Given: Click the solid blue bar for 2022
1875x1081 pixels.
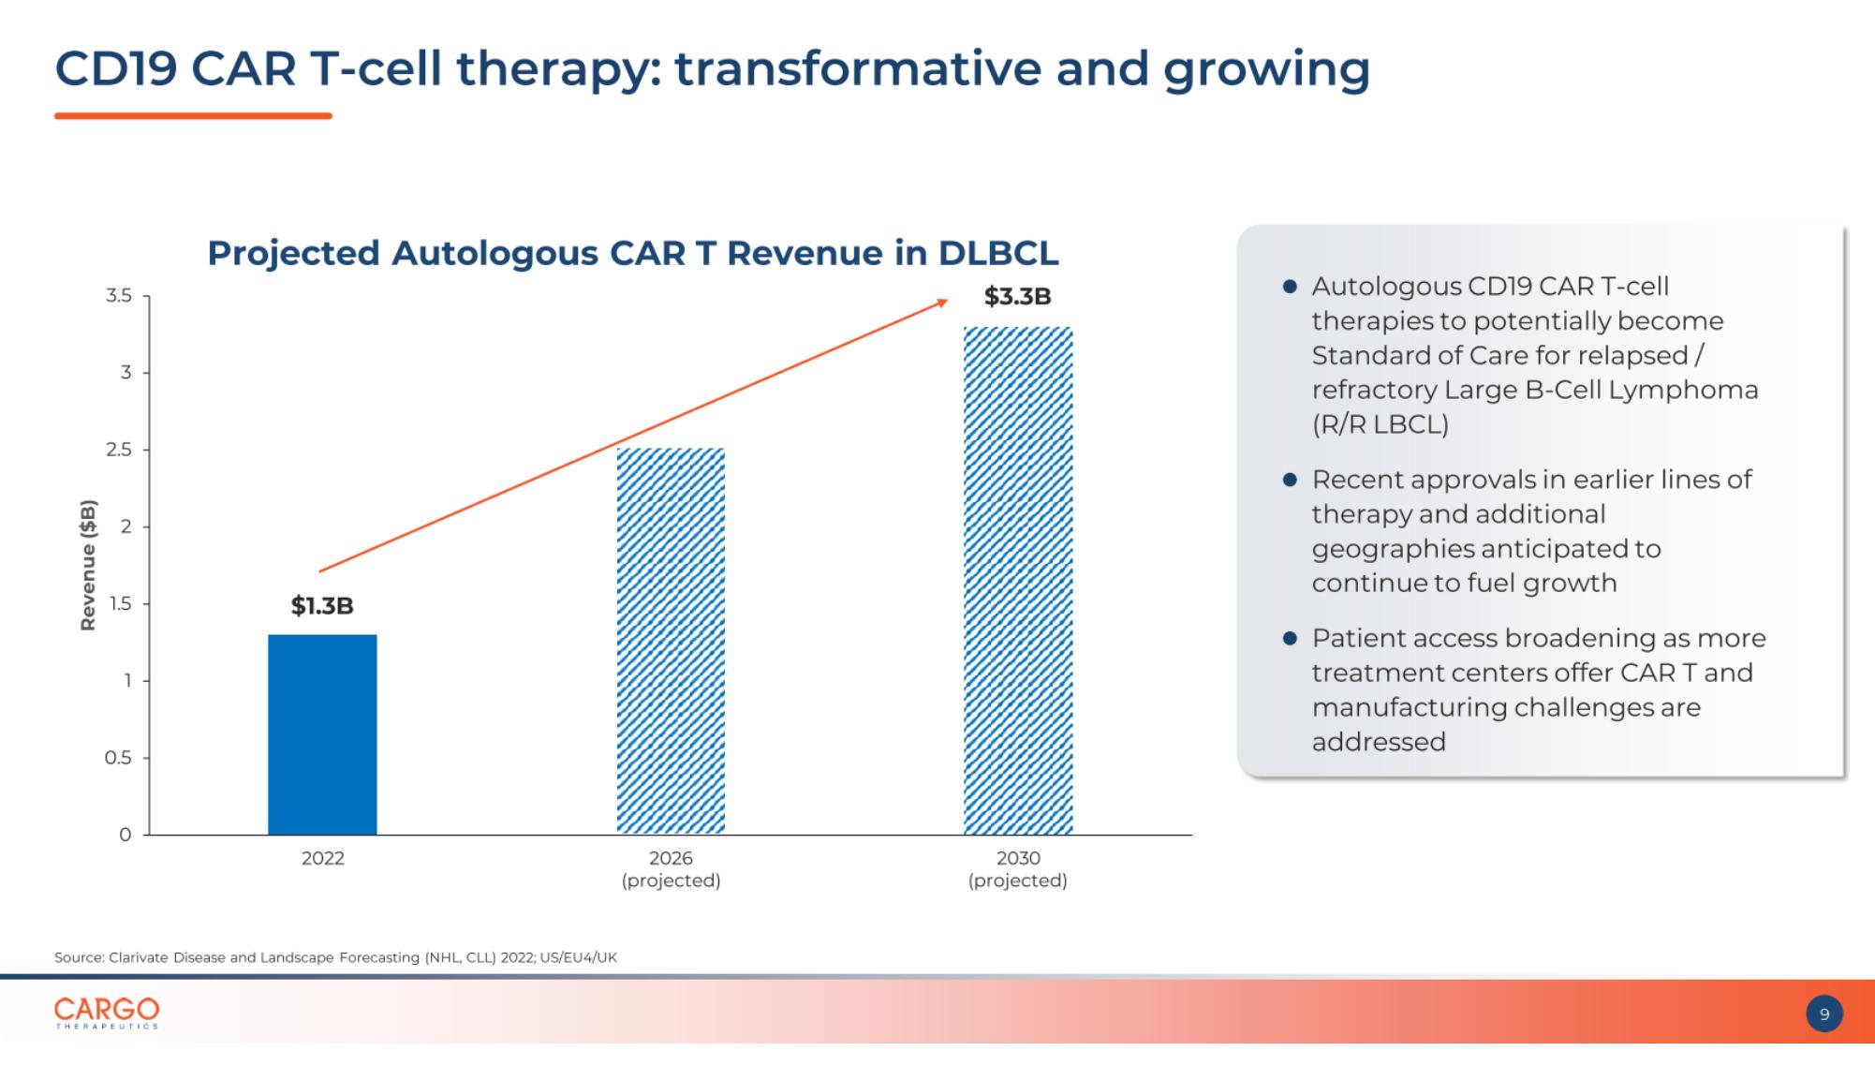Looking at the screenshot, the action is [x=322, y=734].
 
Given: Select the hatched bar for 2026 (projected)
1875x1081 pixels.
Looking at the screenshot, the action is [x=671, y=641].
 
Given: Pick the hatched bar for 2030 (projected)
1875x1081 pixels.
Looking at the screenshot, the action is [x=1018, y=581].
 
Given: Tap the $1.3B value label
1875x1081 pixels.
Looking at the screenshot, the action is [x=322, y=606].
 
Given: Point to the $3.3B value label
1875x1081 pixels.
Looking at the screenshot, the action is [x=1018, y=297].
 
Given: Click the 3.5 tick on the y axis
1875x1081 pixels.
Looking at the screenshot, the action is [x=119, y=296].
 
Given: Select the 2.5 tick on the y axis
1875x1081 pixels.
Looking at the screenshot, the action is [x=119, y=450].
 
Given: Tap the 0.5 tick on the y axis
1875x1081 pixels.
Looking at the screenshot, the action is [x=119, y=758].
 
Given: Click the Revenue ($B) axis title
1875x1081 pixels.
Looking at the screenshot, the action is [x=88, y=565].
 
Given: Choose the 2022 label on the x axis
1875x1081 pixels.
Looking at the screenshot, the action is [x=323, y=858].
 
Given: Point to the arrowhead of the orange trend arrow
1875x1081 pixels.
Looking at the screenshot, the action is [x=943, y=302].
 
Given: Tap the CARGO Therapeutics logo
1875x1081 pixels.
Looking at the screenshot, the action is [x=107, y=1013].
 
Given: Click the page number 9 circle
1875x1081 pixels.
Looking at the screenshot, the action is [x=1824, y=1014].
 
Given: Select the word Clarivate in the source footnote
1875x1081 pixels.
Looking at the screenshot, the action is [x=139, y=957].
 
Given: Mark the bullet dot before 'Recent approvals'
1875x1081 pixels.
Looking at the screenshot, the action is [x=1290, y=480].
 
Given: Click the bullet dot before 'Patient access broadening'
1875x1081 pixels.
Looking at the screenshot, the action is [x=1290, y=638].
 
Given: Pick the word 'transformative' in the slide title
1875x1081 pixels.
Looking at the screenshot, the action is [x=857, y=68].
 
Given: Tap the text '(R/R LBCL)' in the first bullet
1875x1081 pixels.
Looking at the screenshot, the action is [x=1380, y=424].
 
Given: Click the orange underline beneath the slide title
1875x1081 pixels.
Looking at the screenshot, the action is [x=193, y=116].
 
